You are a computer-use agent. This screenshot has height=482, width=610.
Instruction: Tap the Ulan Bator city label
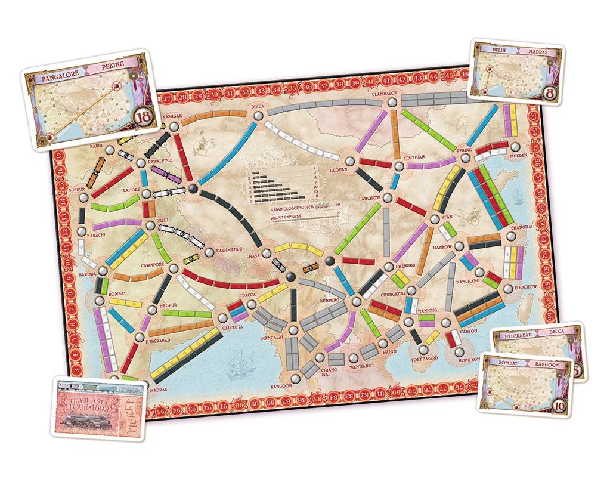(375, 94)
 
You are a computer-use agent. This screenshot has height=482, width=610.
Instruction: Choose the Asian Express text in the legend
(284, 218)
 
